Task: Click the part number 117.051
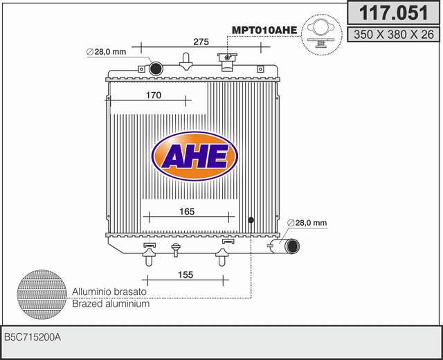click(x=392, y=14)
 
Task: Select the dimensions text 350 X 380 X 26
click(x=392, y=33)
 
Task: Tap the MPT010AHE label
click(x=264, y=30)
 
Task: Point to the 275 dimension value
click(x=201, y=42)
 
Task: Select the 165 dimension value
click(x=187, y=212)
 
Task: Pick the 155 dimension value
click(x=185, y=276)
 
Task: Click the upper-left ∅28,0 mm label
click(x=105, y=52)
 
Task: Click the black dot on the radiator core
click(x=251, y=220)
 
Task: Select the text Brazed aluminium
click(x=111, y=304)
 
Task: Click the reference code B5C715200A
click(x=33, y=337)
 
